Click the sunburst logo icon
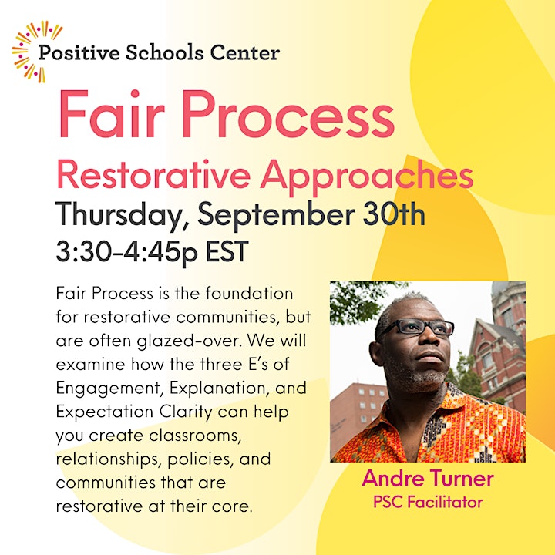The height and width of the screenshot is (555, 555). click(37, 52)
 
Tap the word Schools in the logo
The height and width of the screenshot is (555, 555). click(165, 52)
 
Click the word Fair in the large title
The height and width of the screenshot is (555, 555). click(112, 113)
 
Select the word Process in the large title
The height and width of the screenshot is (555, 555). click(288, 113)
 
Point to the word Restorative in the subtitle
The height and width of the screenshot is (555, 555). click(153, 175)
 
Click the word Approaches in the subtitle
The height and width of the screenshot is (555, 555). click(367, 178)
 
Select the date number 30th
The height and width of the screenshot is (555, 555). click(394, 214)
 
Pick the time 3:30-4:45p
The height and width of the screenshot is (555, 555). click(126, 251)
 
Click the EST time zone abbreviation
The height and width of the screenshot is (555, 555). click(227, 251)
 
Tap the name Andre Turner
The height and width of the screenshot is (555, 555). click(428, 478)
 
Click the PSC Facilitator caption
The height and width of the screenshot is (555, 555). click(428, 502)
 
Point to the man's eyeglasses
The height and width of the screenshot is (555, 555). click(419, 327)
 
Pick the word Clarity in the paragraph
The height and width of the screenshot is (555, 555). click(186, 412)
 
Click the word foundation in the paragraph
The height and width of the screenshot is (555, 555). click(249, 294)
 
